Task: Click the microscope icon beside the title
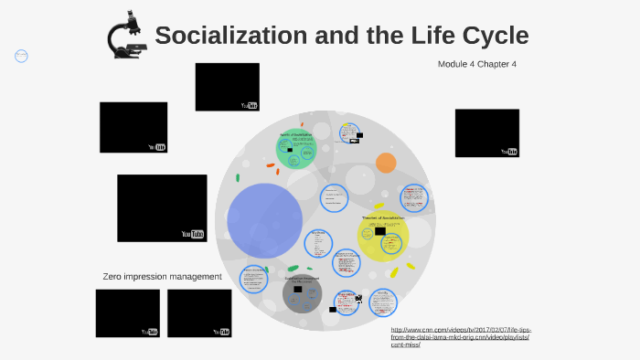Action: [126, 36]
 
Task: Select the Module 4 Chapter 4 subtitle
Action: [477, 64]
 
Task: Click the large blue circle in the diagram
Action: [264, 220]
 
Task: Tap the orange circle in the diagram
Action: [386, 163]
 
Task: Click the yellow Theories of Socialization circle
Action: [382, 235]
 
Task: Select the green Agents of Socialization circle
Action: [296, 149]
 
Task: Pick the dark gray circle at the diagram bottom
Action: [303, 293]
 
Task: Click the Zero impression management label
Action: [162, 276]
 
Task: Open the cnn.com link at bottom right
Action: [460, 336]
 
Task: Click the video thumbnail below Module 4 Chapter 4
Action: [486, 132]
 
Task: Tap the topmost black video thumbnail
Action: [227, 87]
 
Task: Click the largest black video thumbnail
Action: [162, 208]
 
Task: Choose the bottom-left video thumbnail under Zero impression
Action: [127, 312]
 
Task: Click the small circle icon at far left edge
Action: [21, 56]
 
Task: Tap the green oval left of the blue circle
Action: [238, 178]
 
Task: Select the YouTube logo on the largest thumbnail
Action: [192, 234]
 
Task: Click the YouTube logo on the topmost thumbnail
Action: [249, 105]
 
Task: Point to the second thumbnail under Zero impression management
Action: [199, 312]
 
